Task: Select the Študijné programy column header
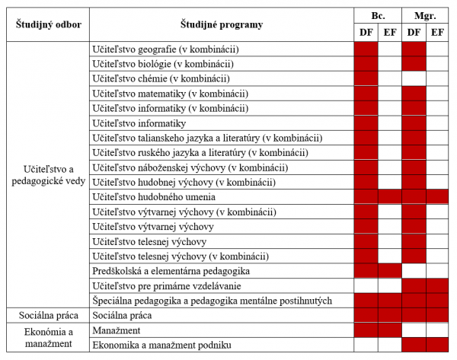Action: pos(222,24)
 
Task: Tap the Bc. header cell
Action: pos(378,15)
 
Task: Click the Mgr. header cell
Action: pos(425,15)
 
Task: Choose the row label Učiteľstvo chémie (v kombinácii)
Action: pos(161,78)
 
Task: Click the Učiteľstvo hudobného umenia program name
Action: pos(152,197)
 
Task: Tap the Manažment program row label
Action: pos(116,330)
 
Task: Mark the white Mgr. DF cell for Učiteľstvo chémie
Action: pos(414,78)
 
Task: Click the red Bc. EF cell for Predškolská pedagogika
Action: pos(390,271)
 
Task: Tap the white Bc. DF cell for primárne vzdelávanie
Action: pos(366,285)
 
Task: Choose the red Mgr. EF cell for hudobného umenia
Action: pos(437,197)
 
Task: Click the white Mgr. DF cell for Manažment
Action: pos(414,330)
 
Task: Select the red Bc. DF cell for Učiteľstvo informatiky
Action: pos(366,123)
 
